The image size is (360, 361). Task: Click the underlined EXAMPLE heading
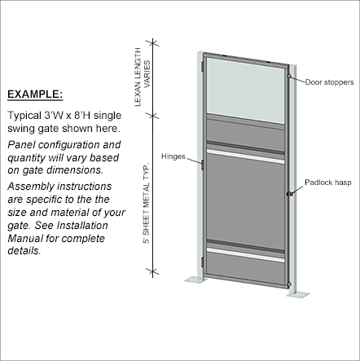click(35, 95)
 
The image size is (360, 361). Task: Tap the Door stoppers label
click(329, 82)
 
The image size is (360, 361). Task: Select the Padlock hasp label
click(328, 183)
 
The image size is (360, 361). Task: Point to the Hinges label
click(173, 156)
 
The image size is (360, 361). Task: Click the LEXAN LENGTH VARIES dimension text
click(143, 77)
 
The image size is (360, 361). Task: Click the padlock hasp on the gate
click(290, 194)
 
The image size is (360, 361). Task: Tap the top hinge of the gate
click(202, 67)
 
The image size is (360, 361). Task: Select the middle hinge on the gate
click(202, 165)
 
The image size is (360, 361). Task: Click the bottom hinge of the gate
click(202, 262)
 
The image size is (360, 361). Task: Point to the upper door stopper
click(290, 76)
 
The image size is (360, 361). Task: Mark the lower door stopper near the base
click(290, 284)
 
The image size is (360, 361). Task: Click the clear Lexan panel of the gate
click(246, 90)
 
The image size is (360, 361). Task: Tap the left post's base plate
click(195, 280)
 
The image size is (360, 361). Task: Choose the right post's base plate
click(298, 294)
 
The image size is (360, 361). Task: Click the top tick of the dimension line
click(152, 42)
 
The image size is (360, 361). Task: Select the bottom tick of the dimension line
click(152, 271)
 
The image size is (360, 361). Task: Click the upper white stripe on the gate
click(246, 156)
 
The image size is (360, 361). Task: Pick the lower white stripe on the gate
click(246, 255)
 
